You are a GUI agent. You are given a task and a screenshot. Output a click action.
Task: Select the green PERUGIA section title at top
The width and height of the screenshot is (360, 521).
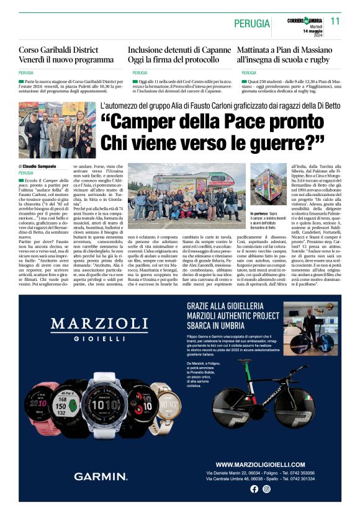tap(252, 24)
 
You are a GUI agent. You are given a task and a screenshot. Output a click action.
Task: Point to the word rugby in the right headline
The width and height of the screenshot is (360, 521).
tap(315, 60)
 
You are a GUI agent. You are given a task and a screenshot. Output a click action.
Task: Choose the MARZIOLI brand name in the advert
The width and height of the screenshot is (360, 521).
tap(99, 323)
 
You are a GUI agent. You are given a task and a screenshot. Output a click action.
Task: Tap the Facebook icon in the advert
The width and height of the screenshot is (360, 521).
tap(254, 489)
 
